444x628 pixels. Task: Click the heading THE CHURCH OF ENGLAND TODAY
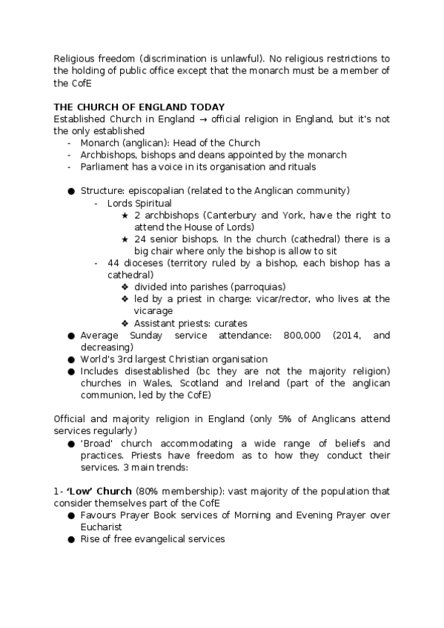click(x=139, y=107)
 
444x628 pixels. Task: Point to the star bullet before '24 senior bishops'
click(x=125, y=238)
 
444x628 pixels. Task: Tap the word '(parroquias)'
click(x=259, y=287)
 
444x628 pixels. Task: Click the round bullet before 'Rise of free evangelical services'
click(x=71, y=539)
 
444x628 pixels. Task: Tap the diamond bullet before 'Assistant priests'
click(x=125, y=323)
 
